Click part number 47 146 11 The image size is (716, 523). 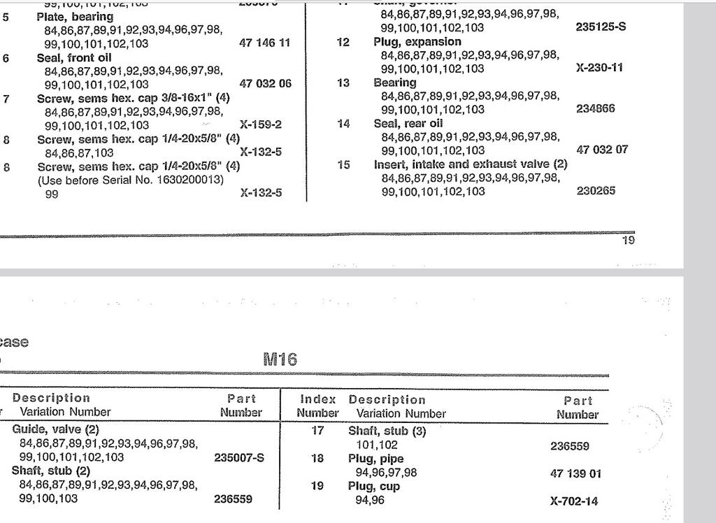[264, 43]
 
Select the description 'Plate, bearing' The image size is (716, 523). [75, 17]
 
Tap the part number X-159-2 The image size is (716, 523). [261, 125]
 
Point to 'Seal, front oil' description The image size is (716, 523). [74, 58]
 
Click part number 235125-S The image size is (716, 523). [601, 27]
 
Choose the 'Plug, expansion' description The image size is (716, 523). [417, 42]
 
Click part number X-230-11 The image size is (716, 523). [599, 68]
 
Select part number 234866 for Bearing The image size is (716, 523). [596, 109]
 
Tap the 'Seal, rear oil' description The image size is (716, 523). [408, 123]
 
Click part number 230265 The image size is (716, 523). [596, 191]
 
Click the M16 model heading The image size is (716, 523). [280, 359]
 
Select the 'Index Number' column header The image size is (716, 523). [317, 406]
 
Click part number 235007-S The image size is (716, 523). [237, 459]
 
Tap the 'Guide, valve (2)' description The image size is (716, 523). [56, 429]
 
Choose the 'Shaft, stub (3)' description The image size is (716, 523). [387, 431]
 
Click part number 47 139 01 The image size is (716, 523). [575, 473]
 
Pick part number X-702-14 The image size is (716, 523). [574, 501]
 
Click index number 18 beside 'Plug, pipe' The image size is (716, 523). [317, 459]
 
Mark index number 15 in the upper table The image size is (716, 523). [343, 165]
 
